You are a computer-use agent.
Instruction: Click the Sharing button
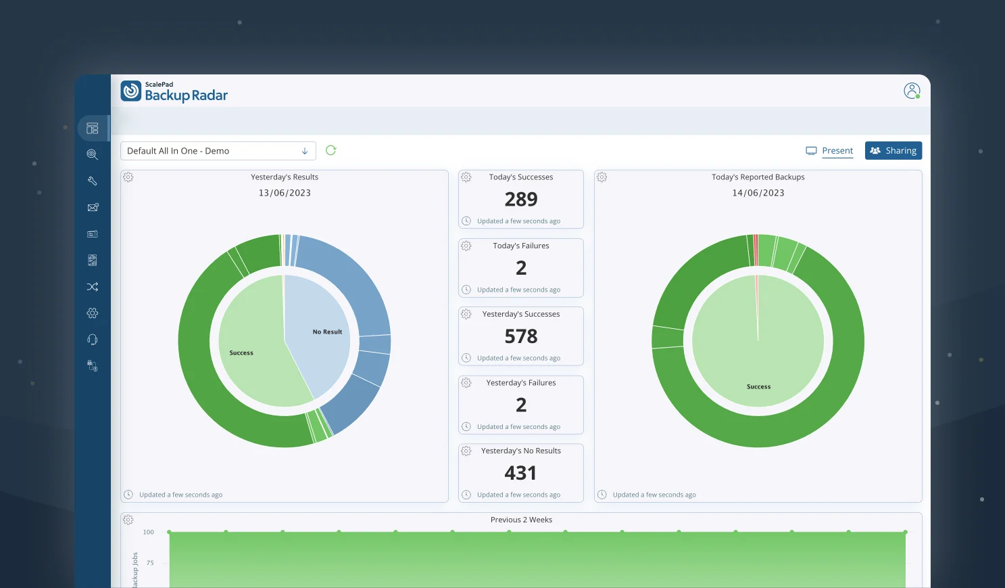(893, 151)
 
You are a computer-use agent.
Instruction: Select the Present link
(837, 151)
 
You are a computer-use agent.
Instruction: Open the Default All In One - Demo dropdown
(218, 151)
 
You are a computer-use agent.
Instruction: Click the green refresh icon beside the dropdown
(330, 150)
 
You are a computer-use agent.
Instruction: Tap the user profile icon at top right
(912, 91)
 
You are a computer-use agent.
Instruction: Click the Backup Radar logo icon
(131, 91)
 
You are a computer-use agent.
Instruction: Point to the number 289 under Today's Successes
(520, 200)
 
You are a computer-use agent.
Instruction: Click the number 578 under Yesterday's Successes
(520, 336)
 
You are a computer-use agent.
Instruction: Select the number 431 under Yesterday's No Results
(520, 473)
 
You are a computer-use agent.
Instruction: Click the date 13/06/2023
(285, 193)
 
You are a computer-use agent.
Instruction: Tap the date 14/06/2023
(758, 193)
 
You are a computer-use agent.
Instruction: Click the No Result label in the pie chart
(327, 332)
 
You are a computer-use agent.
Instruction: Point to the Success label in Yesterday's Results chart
(241, 353)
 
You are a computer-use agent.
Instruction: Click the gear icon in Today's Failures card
(466, 246)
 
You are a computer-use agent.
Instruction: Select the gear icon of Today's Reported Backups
(602, 177)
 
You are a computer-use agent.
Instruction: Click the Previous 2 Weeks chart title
(521, 520)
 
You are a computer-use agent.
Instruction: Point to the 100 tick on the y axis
(148, 533)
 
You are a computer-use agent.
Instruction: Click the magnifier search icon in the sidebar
(93, 154)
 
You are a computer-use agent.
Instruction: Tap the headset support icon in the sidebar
(93, 340)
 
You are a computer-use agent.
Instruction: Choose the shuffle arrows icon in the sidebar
(93, 287)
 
